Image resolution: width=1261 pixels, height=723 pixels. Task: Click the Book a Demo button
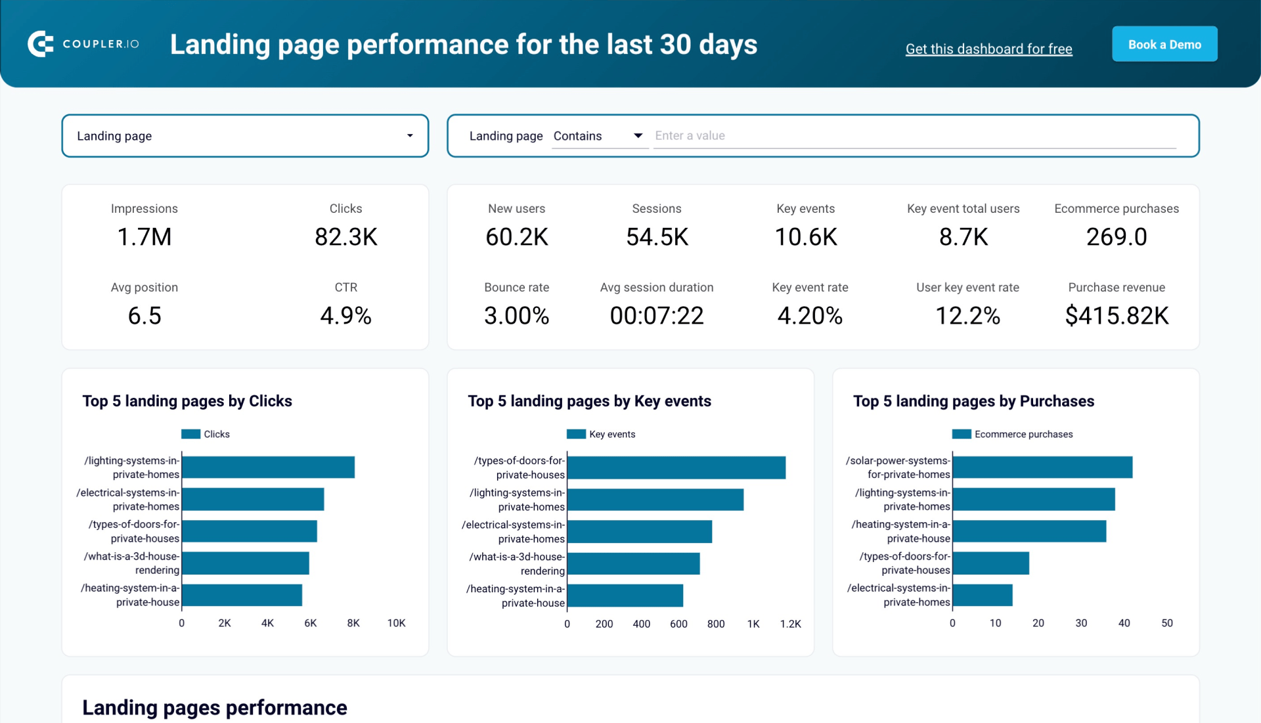1164,45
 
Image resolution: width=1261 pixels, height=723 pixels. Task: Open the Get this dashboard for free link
988,49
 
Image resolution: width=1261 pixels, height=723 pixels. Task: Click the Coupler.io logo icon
41,44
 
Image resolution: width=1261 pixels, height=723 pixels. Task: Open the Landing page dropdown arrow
410,136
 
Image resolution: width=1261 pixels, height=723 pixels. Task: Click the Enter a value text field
913,136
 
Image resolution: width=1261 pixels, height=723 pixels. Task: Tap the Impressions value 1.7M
144,237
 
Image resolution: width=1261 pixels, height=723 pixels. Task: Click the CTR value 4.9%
345,316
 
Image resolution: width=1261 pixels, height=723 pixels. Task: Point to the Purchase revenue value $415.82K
1116,316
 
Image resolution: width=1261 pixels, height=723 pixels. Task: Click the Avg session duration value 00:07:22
656,316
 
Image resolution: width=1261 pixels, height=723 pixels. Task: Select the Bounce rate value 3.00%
516,316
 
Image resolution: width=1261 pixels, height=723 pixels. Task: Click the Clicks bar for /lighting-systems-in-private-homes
268,468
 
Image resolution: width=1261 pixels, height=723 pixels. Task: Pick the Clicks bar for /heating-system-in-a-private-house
242,595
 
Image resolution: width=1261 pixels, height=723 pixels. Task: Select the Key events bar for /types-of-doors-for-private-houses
676,468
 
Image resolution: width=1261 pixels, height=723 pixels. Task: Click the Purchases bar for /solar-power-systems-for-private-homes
1042,468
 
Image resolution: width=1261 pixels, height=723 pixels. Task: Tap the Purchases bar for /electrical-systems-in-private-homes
982,595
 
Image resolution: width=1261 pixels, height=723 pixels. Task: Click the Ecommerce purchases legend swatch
961,434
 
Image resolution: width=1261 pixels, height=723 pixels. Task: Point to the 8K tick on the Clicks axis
353,623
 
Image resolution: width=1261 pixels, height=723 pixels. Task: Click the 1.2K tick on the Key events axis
790,624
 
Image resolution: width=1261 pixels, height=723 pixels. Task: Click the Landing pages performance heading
215,707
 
